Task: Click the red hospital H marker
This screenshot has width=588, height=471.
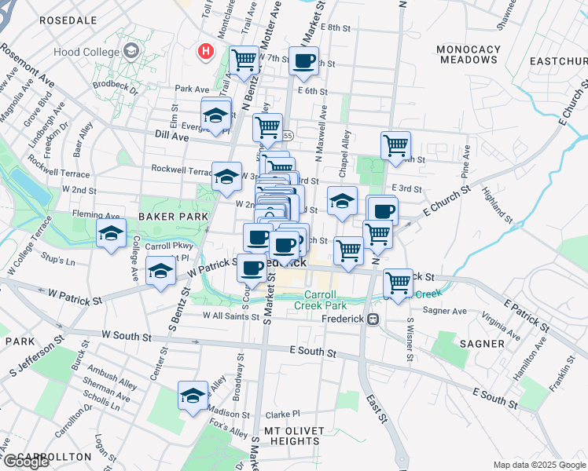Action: [206, 52]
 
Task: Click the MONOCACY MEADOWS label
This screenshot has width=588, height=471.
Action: [469, 54]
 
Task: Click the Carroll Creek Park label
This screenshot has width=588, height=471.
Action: [325, 300]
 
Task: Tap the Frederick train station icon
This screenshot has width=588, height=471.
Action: [373, 319]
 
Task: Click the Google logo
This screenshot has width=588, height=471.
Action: [26, 462]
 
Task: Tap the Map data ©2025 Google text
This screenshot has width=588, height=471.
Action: [538, 465]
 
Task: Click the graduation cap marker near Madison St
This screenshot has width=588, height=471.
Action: [192, 397]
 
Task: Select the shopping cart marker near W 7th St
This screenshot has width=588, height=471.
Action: [244, 60]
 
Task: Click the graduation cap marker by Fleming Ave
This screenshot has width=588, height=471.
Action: [111, 233]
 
